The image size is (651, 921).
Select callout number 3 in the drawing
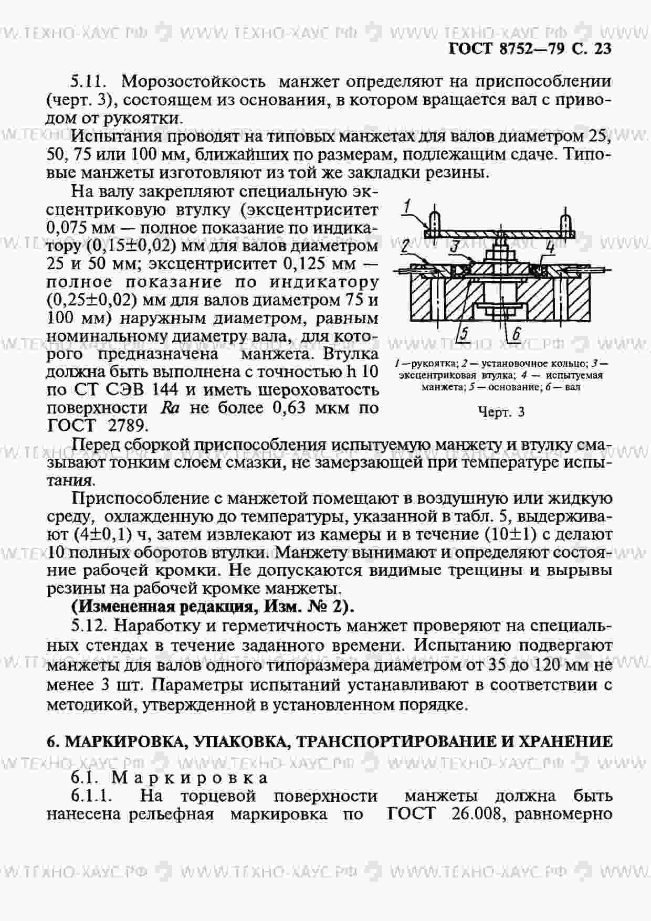coord(455,246)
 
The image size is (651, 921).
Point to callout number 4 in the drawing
coord(550,247)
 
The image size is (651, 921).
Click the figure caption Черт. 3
coord(501,412)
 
